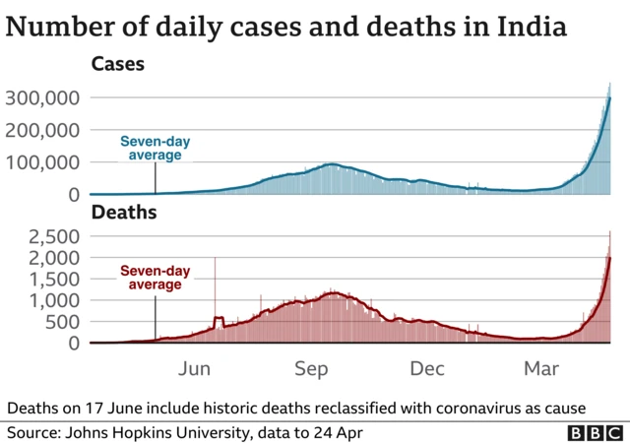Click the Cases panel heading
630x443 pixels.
coord(117,65)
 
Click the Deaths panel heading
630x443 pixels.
coord(123,212)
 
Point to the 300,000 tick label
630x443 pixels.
coord(42,97)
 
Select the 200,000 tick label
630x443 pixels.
coord(42,130)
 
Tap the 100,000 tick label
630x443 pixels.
coord(42,162)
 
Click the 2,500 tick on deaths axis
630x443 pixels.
coord(57,236)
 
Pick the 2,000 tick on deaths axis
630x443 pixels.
coord(57,258)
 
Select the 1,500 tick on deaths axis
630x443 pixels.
coord(57,280)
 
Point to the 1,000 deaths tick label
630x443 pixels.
coord(57,300)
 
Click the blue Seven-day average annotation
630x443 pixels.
coord(155,149)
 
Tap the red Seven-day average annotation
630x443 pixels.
coord(155,278)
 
